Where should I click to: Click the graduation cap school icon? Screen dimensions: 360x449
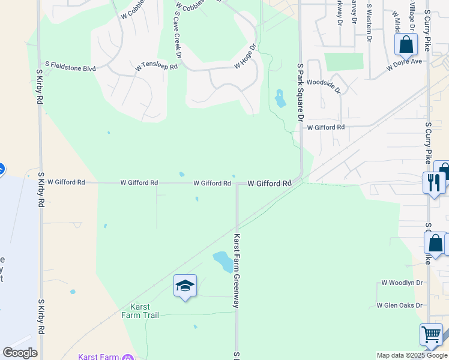click(x=185, y=286)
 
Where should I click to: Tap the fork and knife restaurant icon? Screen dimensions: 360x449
click(x=433, y=182)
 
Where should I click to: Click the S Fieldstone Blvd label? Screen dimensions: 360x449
click(x=71, y=69)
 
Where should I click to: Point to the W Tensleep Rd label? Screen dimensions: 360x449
click(x=157, y=67)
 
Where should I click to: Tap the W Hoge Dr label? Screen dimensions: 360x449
click(x=246, y=56)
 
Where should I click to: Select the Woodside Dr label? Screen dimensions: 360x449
click(x=324, y=86)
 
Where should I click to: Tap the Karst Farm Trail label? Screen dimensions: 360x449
click(x=140, y=311)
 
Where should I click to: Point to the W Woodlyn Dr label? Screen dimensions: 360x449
click(x=402, y=283)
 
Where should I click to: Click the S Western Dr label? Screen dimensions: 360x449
click(x=369, y=23)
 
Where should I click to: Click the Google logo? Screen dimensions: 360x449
click(x=20, y=352)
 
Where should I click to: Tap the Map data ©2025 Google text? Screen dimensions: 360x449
click(x=412, y=355)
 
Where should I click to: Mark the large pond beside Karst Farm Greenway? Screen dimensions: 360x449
click(x=223, y=262)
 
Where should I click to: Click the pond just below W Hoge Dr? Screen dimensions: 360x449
click(x=280, y=98)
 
